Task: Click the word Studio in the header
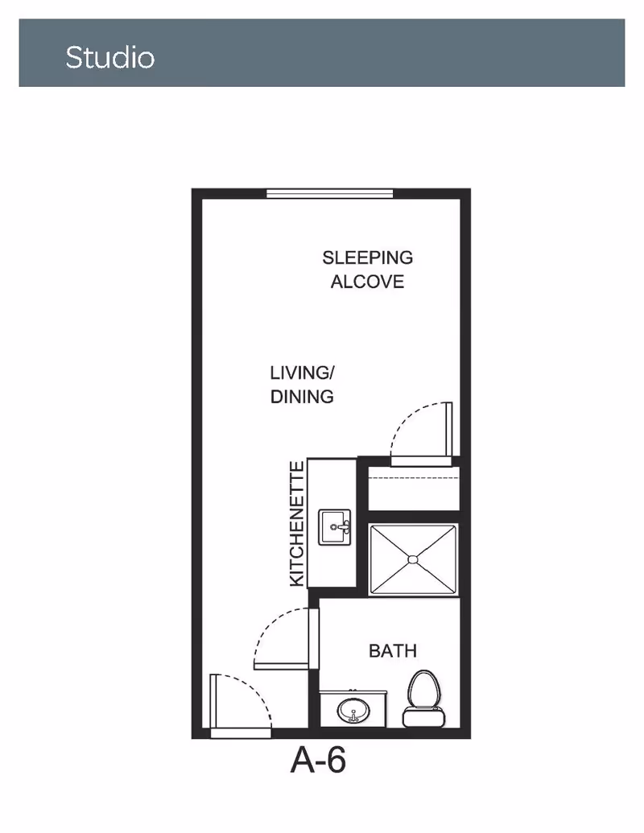(110, 57)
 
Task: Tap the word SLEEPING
(368, 258)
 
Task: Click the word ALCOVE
(368, 282)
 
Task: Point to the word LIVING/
(302, 373)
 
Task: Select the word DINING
(302, 396)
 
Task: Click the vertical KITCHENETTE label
(297, 524)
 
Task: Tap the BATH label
(393, 651)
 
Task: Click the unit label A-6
(318, 761)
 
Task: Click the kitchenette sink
(335, 527)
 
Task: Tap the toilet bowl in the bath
(424, 688)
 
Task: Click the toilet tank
(424, 717)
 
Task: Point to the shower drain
(413, 559)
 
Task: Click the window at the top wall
(329, 193)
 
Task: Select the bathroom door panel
(313, 638)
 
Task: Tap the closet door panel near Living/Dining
(449, 430)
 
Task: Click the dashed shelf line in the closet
(414, 477)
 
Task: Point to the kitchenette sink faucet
(341, 527)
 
